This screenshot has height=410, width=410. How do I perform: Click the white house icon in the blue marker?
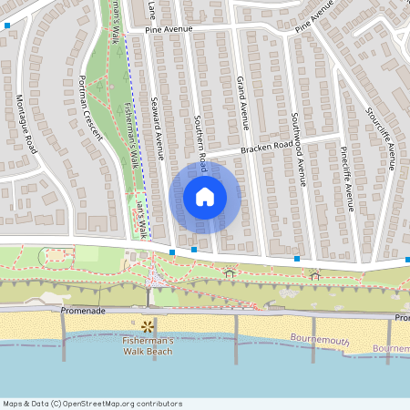pos(205,196)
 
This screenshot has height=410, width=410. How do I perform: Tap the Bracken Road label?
pos(266,146)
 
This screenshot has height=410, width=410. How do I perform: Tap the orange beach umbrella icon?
pos(147,324)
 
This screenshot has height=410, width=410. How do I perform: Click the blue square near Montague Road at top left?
pos(8,26)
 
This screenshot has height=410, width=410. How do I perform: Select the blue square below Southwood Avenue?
pos(297,259)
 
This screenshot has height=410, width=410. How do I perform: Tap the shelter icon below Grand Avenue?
pos(229,272)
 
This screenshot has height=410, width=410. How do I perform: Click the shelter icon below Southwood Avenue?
pos(315,275)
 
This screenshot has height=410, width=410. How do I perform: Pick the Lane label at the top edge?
pos(152,9)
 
